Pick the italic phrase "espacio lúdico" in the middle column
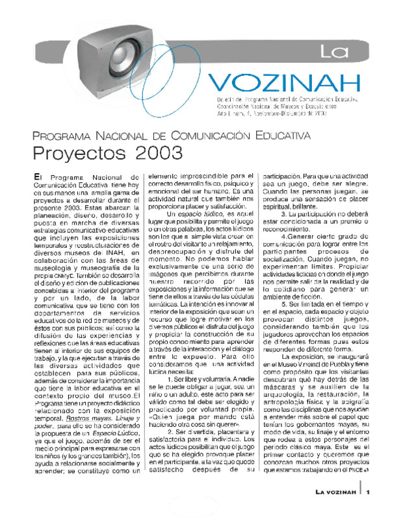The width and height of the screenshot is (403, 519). tap(203, 214)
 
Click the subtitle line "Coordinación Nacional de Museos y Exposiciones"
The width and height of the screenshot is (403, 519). tap(277, 106)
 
